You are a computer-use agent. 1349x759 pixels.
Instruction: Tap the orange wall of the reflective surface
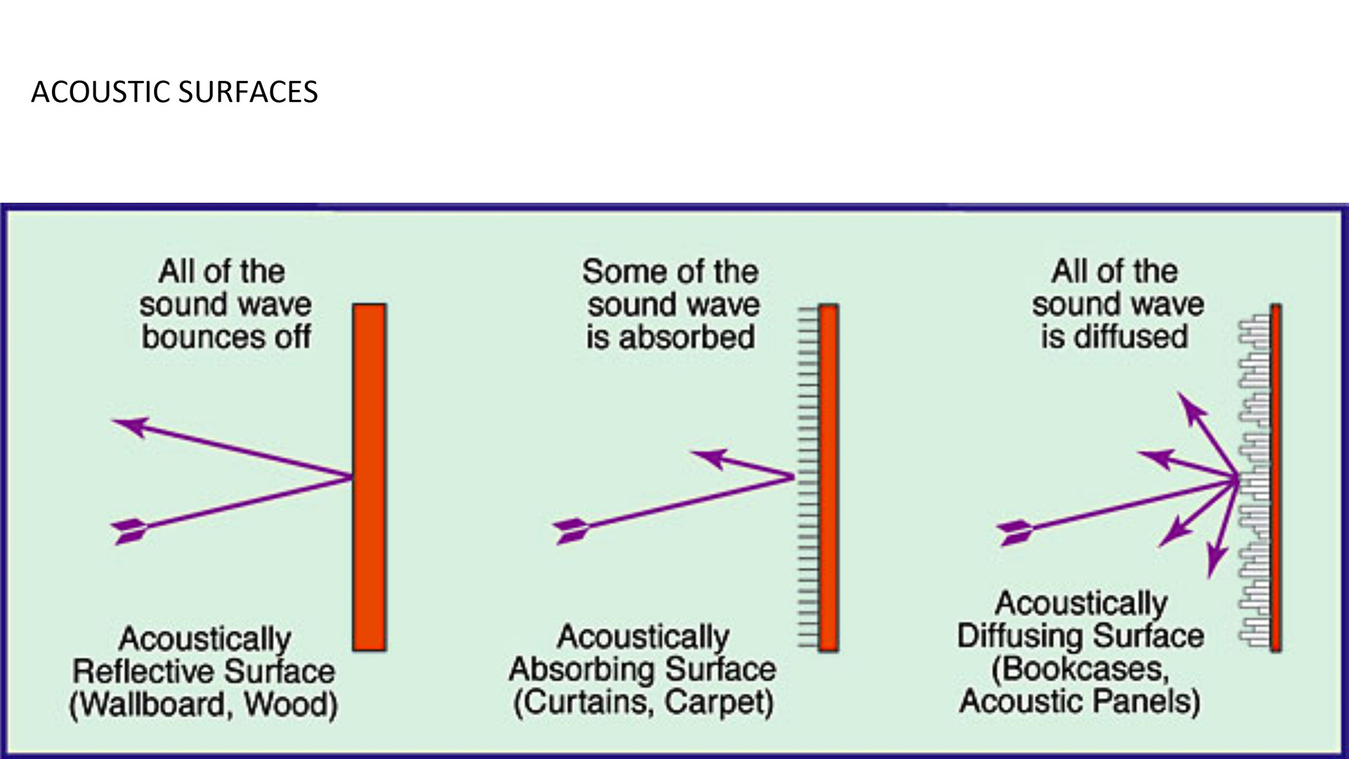point(369,477)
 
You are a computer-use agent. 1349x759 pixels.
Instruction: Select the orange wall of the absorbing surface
point(828,477)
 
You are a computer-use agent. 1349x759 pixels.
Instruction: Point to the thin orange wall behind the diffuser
point(1275,477)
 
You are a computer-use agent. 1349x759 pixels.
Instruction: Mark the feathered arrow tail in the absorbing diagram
point(571,531)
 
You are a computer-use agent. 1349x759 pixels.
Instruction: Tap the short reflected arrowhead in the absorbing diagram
point(710,458)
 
